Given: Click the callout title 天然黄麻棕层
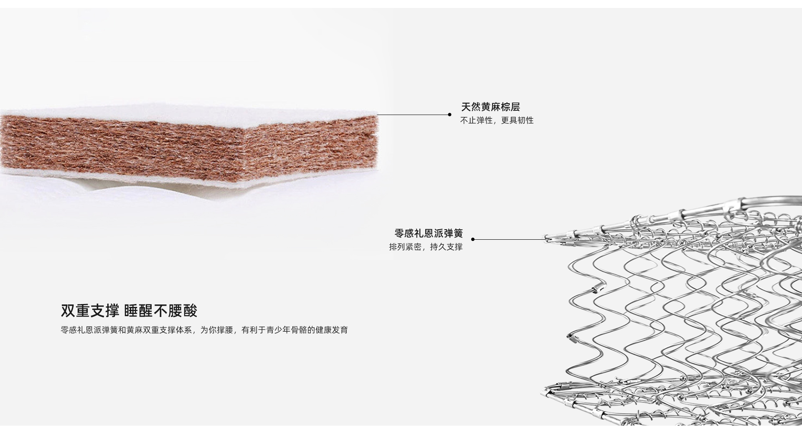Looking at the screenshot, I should pyautogui.click(x=490, y=107).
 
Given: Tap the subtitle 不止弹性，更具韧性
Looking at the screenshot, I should pyautogui.click(x=497, y=121).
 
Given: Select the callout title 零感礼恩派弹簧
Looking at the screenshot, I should pyautogui.click(x=429, y=233).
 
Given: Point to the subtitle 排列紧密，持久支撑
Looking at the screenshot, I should pyautogui.click(x=426, y=247).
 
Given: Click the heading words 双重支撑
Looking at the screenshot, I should pyautogui.click(x=90, y=311).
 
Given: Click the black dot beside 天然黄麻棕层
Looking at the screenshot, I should pyautogui.click(x=449, y=114).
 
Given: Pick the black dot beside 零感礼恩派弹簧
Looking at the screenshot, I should pyautogui.click(x=473, y=239).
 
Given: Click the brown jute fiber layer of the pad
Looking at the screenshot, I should pyautogui.click(x=125, y=146).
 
